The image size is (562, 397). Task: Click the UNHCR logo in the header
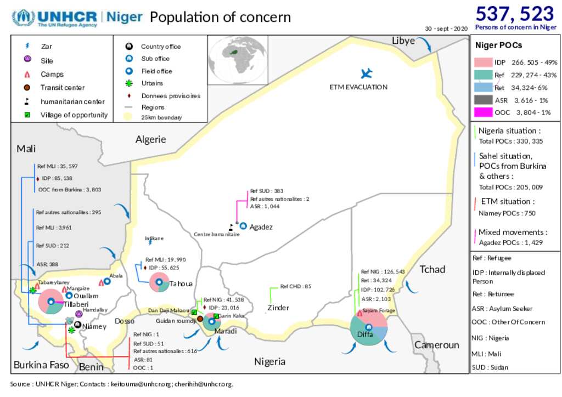point(55,18)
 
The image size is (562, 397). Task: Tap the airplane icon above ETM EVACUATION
point(366,73)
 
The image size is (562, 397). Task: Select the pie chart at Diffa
point(369,327)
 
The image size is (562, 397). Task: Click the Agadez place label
point(261,226)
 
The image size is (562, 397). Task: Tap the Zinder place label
point(278,308)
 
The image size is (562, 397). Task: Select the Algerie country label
point(150,139)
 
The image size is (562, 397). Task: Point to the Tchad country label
point(432,269)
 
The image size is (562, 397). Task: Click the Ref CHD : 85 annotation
point(295,286)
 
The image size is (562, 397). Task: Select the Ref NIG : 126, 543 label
point(383,271)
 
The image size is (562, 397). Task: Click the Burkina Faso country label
point(41,364)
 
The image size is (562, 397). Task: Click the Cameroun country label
point(436,345)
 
